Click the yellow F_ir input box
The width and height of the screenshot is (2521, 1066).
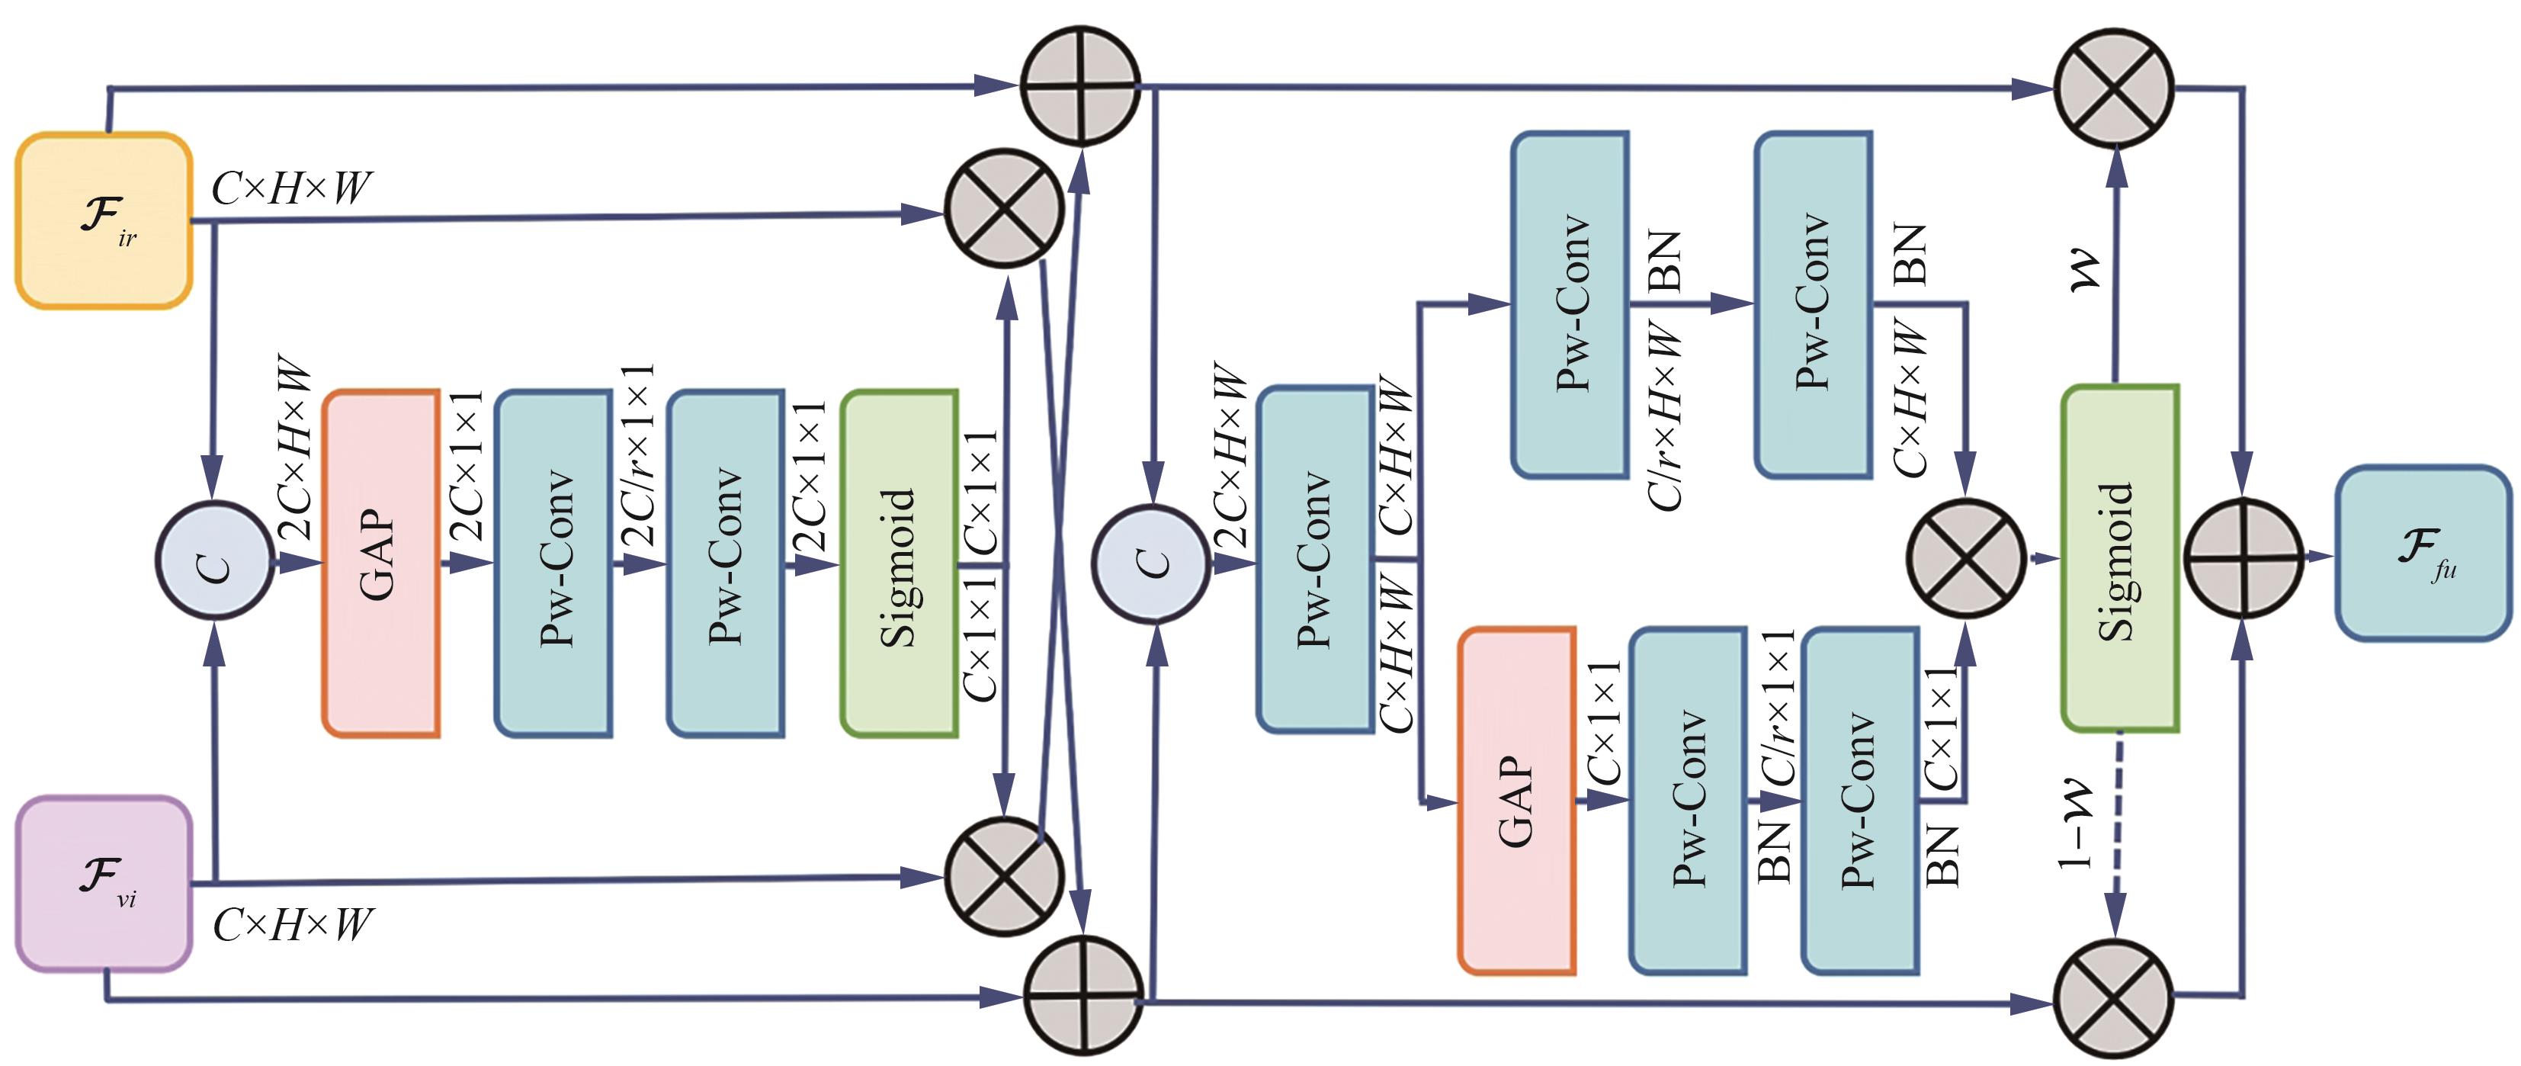coord(104,221)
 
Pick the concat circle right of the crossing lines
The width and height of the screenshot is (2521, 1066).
coord(1152,562)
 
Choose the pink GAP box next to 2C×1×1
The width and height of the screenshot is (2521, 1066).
coord(380,563)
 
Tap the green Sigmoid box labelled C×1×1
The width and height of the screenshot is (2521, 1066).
coord(899,563)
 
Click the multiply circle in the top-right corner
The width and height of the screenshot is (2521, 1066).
coord(2113,86)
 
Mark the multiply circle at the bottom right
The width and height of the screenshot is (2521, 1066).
coord(2113,998)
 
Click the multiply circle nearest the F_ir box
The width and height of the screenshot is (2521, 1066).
coord(1004,207)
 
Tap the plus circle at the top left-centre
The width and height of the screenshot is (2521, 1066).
coord(1080,86)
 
